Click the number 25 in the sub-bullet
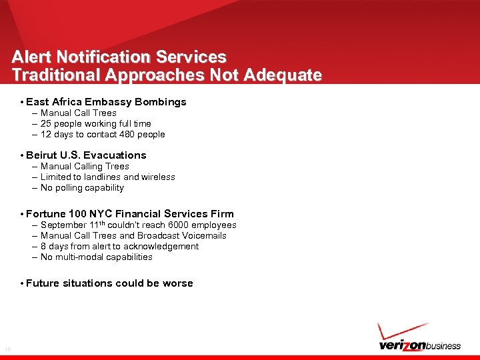point(46,123)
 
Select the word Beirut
point(41,155)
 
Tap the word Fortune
point(46,214)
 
